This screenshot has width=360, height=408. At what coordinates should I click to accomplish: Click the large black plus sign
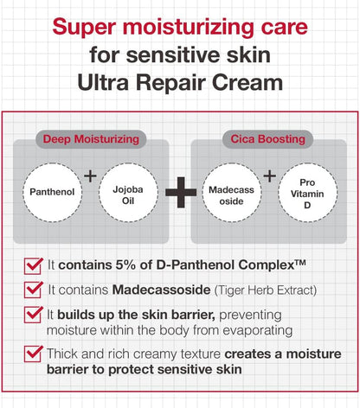click(x=180, y=194)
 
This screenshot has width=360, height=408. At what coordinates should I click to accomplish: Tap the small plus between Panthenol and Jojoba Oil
click(x=91, y=176)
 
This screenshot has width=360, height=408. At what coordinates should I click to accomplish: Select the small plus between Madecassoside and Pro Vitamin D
click(x=269, y=176)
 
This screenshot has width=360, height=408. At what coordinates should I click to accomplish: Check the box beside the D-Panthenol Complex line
click(x=35, y=264)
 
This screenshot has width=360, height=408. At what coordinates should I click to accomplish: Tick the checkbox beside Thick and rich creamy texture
click(x=35, y=353)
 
